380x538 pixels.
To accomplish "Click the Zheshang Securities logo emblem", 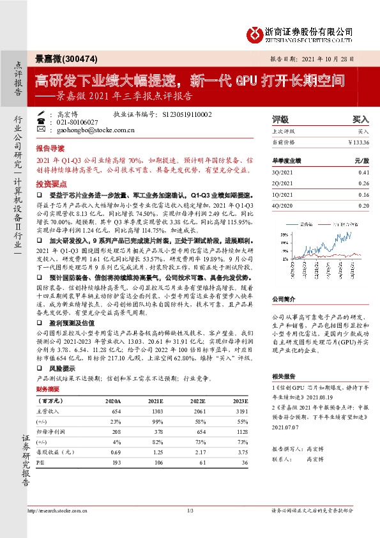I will coord(257,32).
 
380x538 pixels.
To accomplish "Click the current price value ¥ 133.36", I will coord(359,141).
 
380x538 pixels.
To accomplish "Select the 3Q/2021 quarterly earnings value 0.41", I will coord(363,173).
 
